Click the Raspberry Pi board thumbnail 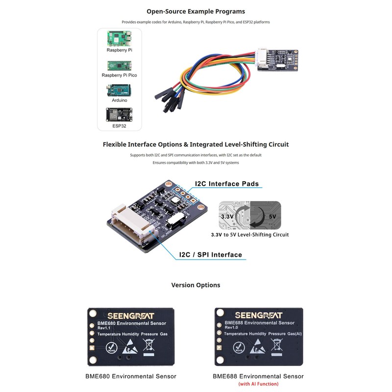coord(119,38)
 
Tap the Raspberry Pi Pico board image coord(119,65)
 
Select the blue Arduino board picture coord(119,90)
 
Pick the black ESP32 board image coord(119,115)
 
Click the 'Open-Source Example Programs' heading coord(196,11)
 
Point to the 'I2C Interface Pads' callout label coord(226,184)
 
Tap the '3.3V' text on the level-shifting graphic coord(226,216)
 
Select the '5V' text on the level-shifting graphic coord(272,216)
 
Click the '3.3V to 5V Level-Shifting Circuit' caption coord(249,235)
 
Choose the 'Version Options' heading coord(196,285)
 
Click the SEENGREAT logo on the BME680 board coord(131,316)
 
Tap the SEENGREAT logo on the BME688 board coord(258,315)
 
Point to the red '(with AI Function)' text coord(258,384)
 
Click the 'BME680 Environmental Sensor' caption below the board coord(131,376)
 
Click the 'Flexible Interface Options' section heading coord(196,145)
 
